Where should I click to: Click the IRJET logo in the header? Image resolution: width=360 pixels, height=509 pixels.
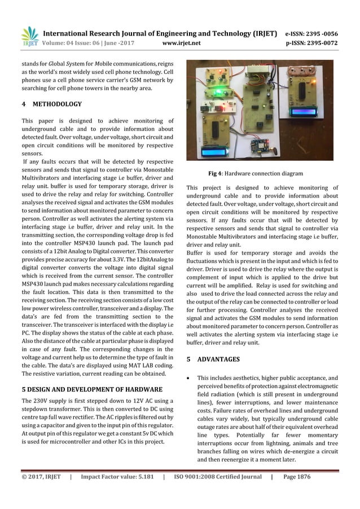(x=29, y=36)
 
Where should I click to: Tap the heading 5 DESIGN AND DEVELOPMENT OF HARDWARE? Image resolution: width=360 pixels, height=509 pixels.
(x=92, y=389)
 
